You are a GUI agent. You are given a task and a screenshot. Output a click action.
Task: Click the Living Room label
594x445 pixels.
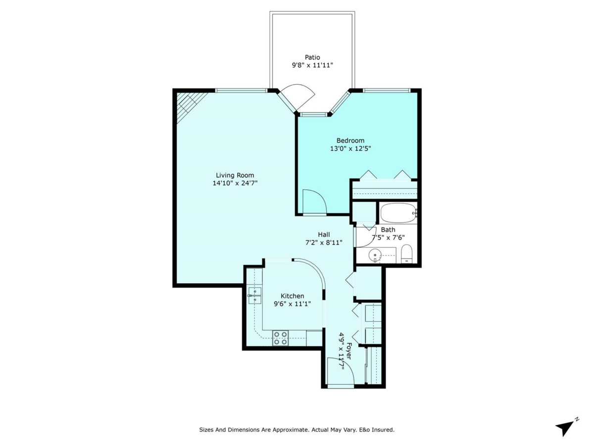pyautogui.click(x=235, y=175)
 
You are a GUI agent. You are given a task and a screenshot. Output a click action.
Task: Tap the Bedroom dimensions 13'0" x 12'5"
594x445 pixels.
pyautogui.click(x=350, y=148)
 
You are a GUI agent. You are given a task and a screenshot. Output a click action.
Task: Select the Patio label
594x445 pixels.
pyautogui.click(x=312, y=57)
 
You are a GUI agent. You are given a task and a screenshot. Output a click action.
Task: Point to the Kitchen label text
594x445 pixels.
pyautogui.click(x=292, y=296)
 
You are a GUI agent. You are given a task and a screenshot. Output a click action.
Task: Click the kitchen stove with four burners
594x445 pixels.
pyautogui.click(x=281, y=338)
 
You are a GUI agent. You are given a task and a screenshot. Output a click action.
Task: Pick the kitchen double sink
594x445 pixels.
pyautogui.click(x=255, y=295)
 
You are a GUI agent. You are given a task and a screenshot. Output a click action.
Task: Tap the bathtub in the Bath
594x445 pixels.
pyautogui.click(x=398, y=213)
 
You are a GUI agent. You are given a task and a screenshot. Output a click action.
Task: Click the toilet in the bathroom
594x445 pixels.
pyautogui.click(x=406, y=254)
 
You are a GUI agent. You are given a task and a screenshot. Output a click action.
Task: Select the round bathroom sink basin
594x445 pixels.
pyautogui.click(x=376, y=256)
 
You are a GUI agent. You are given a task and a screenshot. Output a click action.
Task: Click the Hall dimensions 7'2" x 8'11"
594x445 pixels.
pyautogui.click(x=324, y=242)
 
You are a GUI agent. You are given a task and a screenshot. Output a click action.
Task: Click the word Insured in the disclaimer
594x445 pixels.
pyautogui.click(x=382, y=430)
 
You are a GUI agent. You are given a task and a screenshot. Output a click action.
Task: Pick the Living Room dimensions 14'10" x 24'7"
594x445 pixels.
pyautogui.click(x=235, y=183)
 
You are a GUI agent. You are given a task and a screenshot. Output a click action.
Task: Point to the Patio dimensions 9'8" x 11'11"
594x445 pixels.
pyautogui.click(x=312, y=65)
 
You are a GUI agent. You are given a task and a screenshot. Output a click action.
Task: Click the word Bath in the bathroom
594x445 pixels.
pyautogui.click(x=388, y=229)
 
